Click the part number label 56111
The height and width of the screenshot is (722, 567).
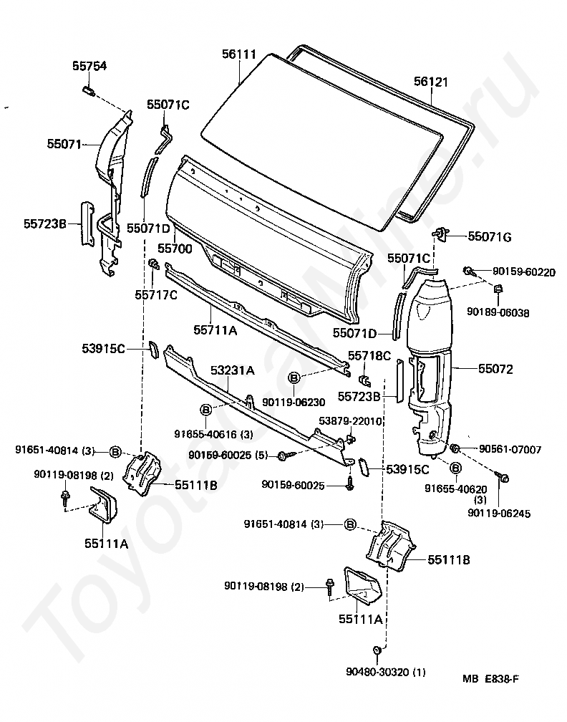click(239, 54)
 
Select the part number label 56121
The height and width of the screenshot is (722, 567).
click(431, 82)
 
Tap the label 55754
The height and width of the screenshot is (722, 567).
click(89, 66)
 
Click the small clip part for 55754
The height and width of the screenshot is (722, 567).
click(88, 90)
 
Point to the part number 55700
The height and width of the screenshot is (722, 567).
click(175, 249)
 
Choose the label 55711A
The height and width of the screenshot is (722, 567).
click(215, 329)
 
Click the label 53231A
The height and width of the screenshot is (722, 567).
click(233, 370)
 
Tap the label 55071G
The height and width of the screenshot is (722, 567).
click(490, 236)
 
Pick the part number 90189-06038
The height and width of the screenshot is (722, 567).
click(498, 312)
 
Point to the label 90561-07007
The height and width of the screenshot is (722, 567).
click(510, 449)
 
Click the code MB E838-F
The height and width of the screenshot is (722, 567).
click(491, 678)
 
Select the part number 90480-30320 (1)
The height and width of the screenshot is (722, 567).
click(386, 673)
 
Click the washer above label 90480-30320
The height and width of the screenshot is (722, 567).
click(376, 650)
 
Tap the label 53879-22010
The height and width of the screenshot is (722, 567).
click(351, 420)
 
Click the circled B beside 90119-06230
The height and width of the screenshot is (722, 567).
click(294, 377)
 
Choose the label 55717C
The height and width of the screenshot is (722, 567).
click(156, 294)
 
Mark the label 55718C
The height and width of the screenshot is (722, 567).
click(369, 355)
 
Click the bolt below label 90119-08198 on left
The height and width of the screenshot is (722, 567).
click(65, 498)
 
